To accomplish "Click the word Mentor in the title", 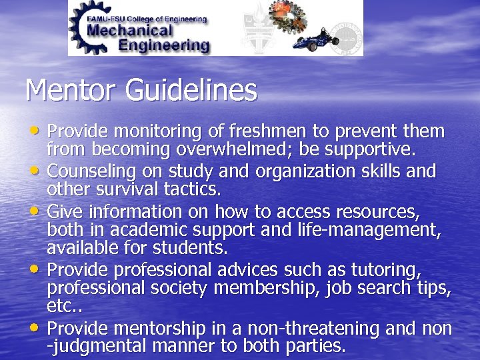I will pos(65,90).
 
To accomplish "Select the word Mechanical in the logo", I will pos(131,30).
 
